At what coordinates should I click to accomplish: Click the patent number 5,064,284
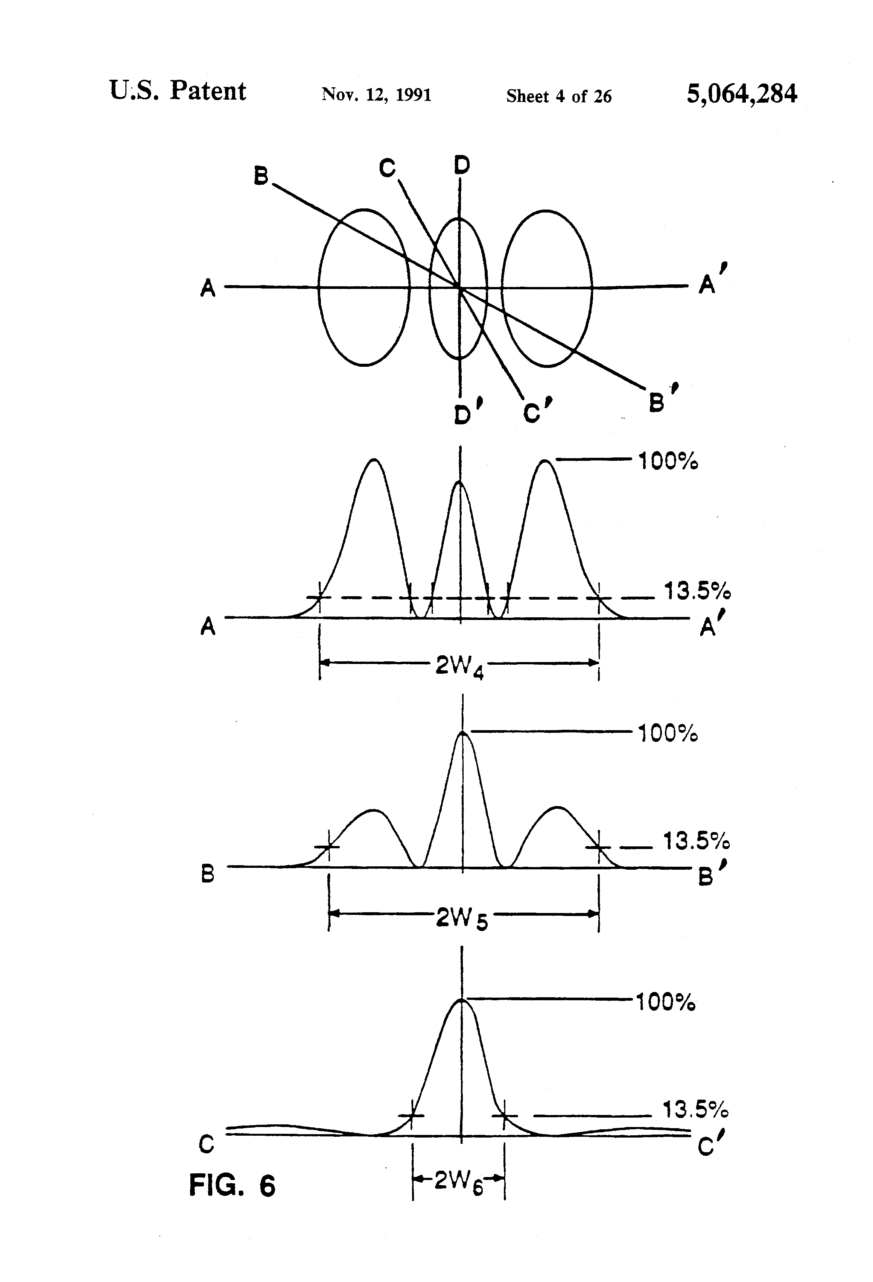pyautogui.click(x=741, y=94)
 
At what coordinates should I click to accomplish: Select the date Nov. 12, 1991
pyautogui.click(x=376, y=95)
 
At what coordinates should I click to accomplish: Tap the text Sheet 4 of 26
pyautogui.click(x=558, y=97)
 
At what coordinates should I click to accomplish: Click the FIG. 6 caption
pyautogui.click(x=232, y=1185)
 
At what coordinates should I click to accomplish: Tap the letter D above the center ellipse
pyautogui.click(x=462, y=164)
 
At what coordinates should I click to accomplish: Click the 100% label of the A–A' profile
pyautogui.click(x=668, y=461)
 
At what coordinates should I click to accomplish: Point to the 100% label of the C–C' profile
pyautogui.click(x=666, y=1003)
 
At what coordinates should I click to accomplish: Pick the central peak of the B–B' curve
pyautogui.click(x=462, y=733)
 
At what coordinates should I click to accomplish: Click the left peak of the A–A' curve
pyautogui.click(x=374, y=460)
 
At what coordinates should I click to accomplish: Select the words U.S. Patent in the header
pyautogui.click(x=178, y=91)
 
